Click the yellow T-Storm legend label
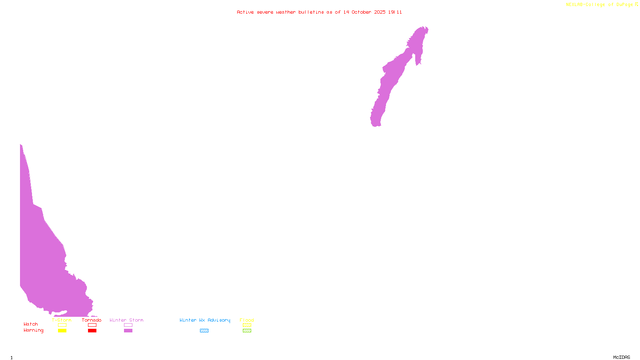[62, 320]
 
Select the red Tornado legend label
[92, 320]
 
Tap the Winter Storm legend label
[126, 320]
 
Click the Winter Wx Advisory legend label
[205, 320]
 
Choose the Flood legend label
[247, 320]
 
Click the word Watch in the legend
[31, 324]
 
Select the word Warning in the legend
[34, 330]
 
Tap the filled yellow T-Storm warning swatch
[62, 331]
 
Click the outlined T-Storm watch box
[62, 325]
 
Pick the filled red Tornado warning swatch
[92, 331]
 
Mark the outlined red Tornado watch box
[92, 325]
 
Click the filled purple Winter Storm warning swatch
[128, 331]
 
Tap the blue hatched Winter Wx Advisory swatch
[204, 331]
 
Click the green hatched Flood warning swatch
[247, 331]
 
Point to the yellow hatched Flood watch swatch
[247, 325]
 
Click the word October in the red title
[361, 12]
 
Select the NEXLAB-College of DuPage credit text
[600, 5]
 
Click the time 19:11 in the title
[395, 12]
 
